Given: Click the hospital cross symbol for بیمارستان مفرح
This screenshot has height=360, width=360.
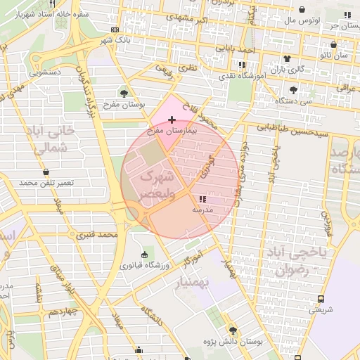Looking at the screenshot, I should click(x=172, y=120).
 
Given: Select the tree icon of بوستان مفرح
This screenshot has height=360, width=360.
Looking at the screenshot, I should click(x=124, y=92).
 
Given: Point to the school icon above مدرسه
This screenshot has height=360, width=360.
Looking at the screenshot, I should click(x=203, y=200).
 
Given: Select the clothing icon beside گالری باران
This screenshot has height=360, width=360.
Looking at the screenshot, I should click(x=286, y=58).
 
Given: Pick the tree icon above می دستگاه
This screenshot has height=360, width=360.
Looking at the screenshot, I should click(x=292, y=90).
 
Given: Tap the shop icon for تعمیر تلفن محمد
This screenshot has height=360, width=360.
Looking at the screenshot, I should click(x=46, y=172).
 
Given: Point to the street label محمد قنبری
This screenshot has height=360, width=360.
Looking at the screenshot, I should click(x=97, y=233).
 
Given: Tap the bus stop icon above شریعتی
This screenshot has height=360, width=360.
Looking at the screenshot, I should click(x=321, y=298).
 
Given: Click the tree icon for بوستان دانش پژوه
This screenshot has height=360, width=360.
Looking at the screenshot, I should click(x=233, y=329).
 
